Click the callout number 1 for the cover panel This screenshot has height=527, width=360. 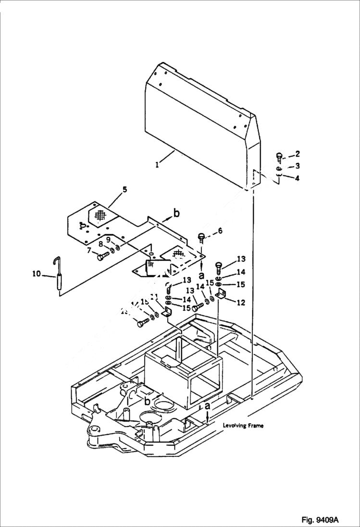tap(157, 164)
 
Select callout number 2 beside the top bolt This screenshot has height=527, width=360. tap(298, 154)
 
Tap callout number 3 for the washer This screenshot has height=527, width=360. tap(298, 166)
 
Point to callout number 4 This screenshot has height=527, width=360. tap(298, 178)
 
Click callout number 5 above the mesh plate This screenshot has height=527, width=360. tap(124, 190)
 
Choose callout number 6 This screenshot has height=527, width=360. tap(220, 231)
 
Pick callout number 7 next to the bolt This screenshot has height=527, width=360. tap(89, 250)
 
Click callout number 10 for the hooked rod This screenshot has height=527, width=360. tap(37, 274)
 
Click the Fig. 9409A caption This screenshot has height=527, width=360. tap(320, 520)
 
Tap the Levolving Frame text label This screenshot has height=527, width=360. tap(243, 426)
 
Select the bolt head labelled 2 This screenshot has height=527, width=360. tap(280, 156)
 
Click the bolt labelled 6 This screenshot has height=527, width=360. tap(201, 237)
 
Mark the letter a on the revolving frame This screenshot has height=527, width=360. tap(208, 406)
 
